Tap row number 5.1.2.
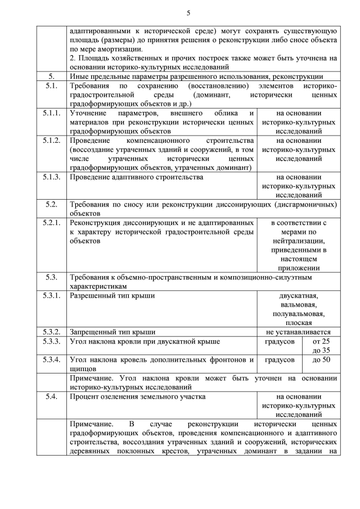(x=52, y=140)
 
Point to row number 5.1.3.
(x=52, y=177)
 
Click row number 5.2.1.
(x=52, y=223)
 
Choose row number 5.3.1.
(x=52, y=295)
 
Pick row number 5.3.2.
(x=52, y=332)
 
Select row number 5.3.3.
(x=52, y=341)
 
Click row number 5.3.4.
(x=52, y=359)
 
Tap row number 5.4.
(x=52, y=397)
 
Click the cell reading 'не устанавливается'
(x=299, y=332)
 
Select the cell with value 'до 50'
(x=321, y=359)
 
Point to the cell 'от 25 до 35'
(x=321, y=346)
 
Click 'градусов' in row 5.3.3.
(x=280, y=341)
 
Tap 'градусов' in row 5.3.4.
(x=280, y=359)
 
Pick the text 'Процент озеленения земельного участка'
(x=137, y=397)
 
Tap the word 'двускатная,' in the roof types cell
(x=299, y=295)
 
